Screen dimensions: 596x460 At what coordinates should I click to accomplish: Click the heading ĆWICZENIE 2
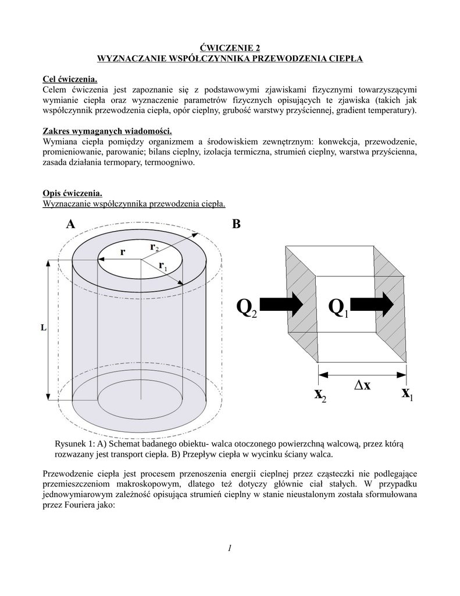coord(230,48)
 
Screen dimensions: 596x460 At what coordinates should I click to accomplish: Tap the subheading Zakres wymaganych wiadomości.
coord(108,131)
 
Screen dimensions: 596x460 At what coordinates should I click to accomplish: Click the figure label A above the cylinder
coord(70,224)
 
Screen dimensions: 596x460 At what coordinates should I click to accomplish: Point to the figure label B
coord(236,224)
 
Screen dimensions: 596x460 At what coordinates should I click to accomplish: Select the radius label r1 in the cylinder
coord(163,267)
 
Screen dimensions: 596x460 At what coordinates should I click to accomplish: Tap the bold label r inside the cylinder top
coord(123,253)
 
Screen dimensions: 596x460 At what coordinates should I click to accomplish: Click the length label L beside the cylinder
coord(43,328)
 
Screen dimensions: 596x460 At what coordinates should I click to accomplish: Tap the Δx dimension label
coord(362,386)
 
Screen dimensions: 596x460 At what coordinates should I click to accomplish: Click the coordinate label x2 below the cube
coord(320,396)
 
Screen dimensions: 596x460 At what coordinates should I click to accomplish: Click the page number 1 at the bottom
coord(230,548)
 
